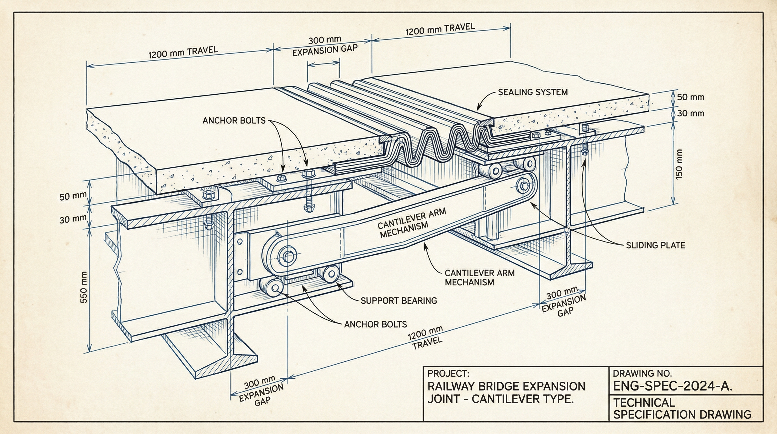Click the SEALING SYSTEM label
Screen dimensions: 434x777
533,92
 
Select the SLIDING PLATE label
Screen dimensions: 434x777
655,245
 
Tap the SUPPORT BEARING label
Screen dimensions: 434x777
399,301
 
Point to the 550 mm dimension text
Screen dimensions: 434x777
84,287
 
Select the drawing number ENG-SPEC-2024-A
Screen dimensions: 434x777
672,386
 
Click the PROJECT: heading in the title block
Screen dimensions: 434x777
448,373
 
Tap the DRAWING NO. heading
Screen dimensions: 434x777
642,374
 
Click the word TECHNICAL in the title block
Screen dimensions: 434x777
644,403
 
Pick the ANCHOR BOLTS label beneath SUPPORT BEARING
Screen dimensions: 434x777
376,324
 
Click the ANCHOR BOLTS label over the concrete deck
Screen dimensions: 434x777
234,121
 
